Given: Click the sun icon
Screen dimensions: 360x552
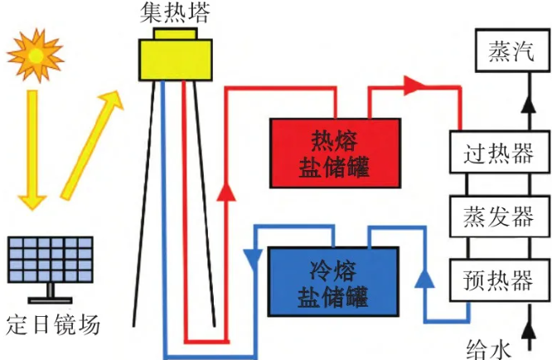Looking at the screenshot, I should pos(35,51).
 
